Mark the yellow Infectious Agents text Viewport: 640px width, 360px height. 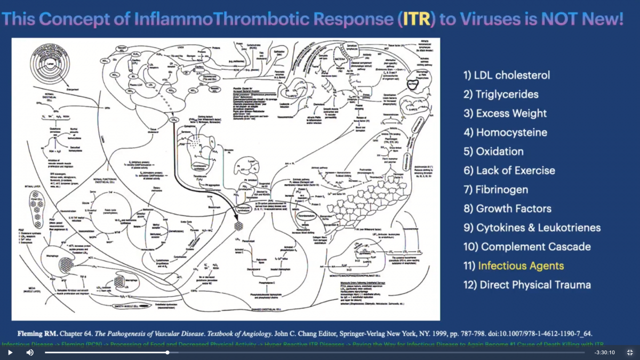pyautogui.click(x=521, y=266)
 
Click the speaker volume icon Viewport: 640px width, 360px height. pyautogui.click(x=30, y=353)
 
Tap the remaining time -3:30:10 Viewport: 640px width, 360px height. pyautogui.click(x=604, y=353)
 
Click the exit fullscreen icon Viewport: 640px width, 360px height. pyautogui.click(x=630, y=353)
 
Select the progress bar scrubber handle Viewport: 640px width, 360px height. pyautogui.click(x=167, y=353)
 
